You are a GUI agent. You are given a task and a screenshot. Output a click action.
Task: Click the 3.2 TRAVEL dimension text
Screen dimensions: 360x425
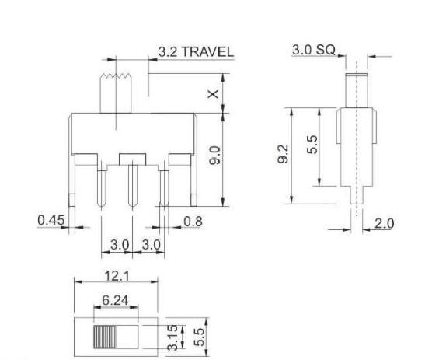click(x=195, y=52)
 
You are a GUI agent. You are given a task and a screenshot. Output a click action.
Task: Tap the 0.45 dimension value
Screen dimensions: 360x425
click(x=51, y=221)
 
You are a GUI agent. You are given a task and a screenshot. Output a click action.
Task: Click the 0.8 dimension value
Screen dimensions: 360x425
click(x=193, y=222)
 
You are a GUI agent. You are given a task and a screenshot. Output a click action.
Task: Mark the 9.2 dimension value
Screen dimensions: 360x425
click(x=284, y=156)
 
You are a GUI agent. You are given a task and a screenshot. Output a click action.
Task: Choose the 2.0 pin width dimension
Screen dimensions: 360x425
click(x=384, y=223)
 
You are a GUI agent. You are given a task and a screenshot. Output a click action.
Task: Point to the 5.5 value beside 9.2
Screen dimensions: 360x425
click(x=310, y=146)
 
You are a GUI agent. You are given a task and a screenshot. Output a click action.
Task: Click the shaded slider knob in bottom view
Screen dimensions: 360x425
click(x=104, y=336)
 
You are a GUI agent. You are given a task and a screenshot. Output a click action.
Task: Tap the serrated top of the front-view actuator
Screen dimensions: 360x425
click(x=115, y=77)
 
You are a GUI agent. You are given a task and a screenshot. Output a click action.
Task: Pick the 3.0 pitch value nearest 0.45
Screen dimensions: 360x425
click(x=118, y=245)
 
